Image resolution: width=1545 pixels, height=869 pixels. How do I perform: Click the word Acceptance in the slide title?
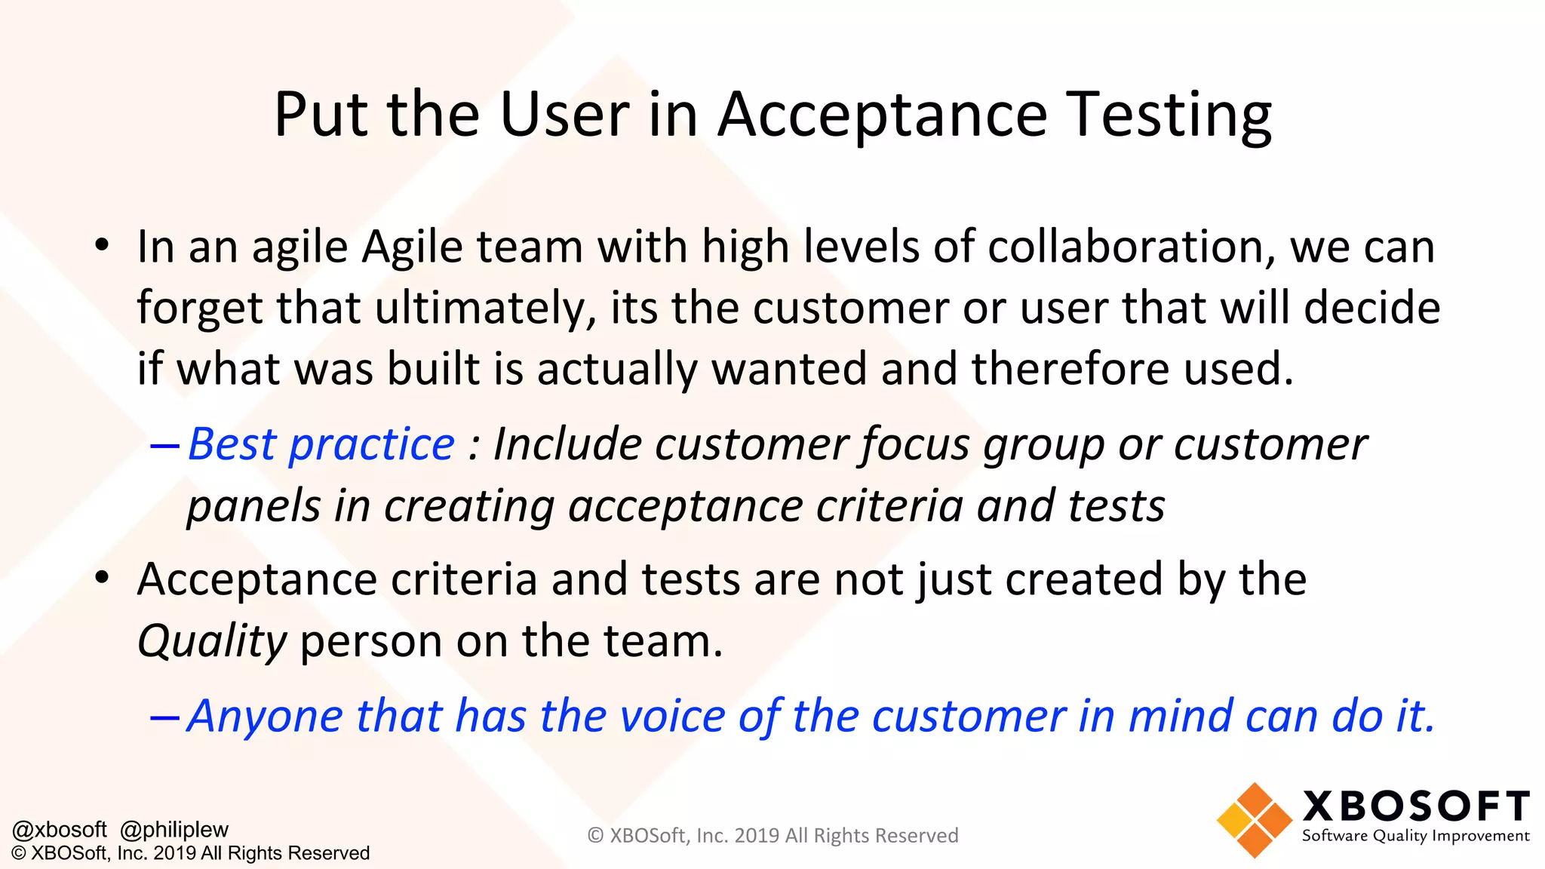(882, 115)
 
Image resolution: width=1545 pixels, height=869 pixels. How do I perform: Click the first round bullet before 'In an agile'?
(103, 245)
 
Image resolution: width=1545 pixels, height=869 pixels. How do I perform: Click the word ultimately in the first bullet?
(486, 309)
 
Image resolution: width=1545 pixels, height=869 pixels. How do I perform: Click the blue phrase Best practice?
(321, 444)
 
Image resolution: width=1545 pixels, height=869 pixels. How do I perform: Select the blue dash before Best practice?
(164, 446)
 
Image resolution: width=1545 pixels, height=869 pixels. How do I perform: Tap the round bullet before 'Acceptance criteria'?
(103, 579)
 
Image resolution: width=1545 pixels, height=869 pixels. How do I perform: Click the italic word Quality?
(212, 643)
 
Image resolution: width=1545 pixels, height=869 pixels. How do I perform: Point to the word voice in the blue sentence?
(672, 716)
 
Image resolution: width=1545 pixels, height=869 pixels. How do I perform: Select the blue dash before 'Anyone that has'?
(164, 717)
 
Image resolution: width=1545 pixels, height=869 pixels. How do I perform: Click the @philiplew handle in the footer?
(174, 830)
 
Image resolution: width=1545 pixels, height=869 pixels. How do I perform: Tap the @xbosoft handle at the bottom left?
(60, 830)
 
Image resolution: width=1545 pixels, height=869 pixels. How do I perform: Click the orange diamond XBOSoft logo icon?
(1254, 821)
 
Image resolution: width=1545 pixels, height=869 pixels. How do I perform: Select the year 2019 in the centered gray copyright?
(757, 836)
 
